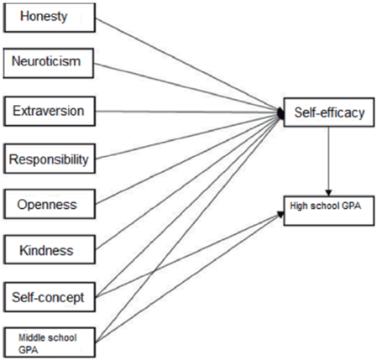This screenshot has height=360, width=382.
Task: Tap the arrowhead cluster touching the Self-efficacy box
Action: pos(280,112)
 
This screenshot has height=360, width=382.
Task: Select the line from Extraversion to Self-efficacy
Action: pos(185,110)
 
